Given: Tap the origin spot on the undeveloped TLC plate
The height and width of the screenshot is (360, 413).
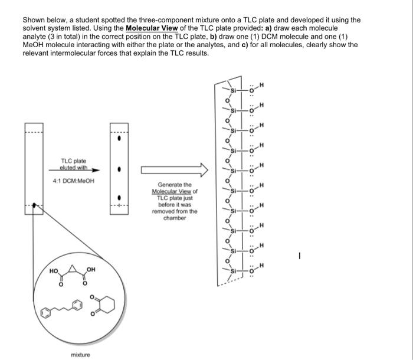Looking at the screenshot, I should point(35,205).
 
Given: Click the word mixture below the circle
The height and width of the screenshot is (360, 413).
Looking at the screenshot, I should point(80,354).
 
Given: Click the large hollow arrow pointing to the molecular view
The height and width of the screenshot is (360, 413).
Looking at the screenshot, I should point(174,170).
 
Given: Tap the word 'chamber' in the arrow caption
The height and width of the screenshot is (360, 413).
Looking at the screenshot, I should point(174,218).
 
